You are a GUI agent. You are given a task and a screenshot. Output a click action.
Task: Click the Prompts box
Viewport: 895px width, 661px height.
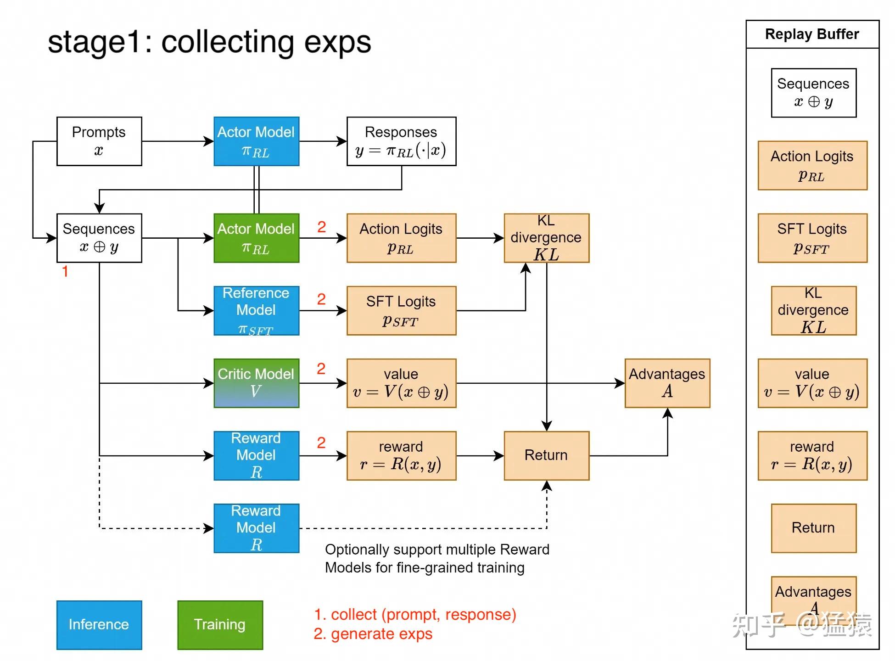99,141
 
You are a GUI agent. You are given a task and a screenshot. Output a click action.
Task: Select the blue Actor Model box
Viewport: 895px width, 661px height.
257,141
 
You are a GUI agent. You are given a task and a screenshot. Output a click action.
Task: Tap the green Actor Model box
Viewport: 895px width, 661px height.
257,238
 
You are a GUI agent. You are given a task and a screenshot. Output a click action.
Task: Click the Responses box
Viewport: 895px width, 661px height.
402,141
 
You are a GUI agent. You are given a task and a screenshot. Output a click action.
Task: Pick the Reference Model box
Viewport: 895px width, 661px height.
257,311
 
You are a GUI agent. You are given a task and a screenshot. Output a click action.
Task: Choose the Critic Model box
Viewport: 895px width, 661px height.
257,383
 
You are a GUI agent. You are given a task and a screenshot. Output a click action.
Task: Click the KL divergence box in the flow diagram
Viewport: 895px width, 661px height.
547,238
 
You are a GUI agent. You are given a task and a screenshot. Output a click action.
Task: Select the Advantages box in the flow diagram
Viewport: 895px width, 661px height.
667,383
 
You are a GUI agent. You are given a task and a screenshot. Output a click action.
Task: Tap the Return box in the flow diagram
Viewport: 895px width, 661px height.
547,456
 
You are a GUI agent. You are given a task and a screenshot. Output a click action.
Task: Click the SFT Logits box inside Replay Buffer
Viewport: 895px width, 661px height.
813,238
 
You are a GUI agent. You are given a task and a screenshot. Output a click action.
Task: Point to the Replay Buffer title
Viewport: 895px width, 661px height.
812,34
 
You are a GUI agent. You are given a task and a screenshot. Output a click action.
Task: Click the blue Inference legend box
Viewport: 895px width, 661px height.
99,625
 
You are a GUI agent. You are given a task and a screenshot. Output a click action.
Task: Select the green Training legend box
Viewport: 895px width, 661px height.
220,625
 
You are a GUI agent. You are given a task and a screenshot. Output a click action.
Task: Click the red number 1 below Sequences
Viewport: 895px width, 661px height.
65,271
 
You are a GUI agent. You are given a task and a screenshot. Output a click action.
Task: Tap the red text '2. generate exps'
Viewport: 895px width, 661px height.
373,634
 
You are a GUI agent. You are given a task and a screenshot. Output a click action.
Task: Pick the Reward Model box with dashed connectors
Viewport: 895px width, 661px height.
257,528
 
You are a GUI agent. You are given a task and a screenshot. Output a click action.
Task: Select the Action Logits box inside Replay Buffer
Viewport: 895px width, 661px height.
813,166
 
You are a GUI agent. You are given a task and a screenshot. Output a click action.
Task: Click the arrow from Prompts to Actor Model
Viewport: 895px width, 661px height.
178,141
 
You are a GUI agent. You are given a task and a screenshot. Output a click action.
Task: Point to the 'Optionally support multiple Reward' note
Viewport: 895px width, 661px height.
437,549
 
